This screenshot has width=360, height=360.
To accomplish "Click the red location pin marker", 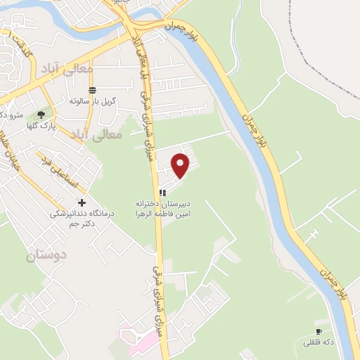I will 181,165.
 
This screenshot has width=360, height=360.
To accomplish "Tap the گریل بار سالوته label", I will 92,101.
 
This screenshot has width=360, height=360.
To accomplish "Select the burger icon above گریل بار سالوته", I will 92,89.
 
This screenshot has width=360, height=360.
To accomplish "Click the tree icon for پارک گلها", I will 41,114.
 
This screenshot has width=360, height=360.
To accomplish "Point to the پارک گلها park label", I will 42,127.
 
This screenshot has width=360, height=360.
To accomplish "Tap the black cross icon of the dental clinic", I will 82,202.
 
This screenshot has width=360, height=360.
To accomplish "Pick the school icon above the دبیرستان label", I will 162,193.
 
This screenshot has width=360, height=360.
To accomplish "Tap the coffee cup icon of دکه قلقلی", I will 319,331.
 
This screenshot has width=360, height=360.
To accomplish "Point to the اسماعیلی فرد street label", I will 59,171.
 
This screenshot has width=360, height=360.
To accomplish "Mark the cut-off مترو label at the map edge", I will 11,114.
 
